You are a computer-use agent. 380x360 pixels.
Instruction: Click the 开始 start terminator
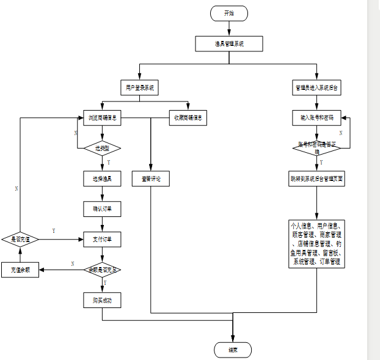tap(229, 13)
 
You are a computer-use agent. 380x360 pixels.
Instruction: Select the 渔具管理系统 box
tap(229, 44)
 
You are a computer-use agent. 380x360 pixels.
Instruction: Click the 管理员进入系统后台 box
tap(316, 88)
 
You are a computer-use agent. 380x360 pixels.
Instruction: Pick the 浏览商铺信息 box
tap(102, 118)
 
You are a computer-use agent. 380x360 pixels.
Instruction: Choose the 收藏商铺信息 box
tap(188, 118)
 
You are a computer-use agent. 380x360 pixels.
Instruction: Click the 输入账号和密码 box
tap(316, 117)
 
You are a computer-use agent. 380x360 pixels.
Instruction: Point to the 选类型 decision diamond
tap(102, 149)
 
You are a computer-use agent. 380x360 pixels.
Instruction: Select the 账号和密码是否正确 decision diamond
tap(316, 147)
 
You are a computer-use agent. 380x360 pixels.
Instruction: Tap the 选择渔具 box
tap(102, 179)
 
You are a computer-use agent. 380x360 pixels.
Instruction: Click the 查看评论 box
tap(150, 179)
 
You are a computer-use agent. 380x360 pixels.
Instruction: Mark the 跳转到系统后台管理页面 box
tap(316, 180)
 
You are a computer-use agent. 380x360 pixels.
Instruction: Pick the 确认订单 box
tap(102, 209)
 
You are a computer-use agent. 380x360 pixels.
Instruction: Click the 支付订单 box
tap(102, 239)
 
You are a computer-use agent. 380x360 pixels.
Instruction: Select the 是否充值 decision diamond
tap(20, 239)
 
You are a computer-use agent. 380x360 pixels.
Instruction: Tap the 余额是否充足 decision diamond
tap(102, 269)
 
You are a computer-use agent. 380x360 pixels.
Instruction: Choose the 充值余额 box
tap(20, 270)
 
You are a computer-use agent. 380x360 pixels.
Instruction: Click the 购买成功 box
tap(102, 299)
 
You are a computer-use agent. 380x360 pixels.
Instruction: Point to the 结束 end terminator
tap(232, 350)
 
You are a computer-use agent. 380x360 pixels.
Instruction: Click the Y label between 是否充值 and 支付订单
tap(54, 231)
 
